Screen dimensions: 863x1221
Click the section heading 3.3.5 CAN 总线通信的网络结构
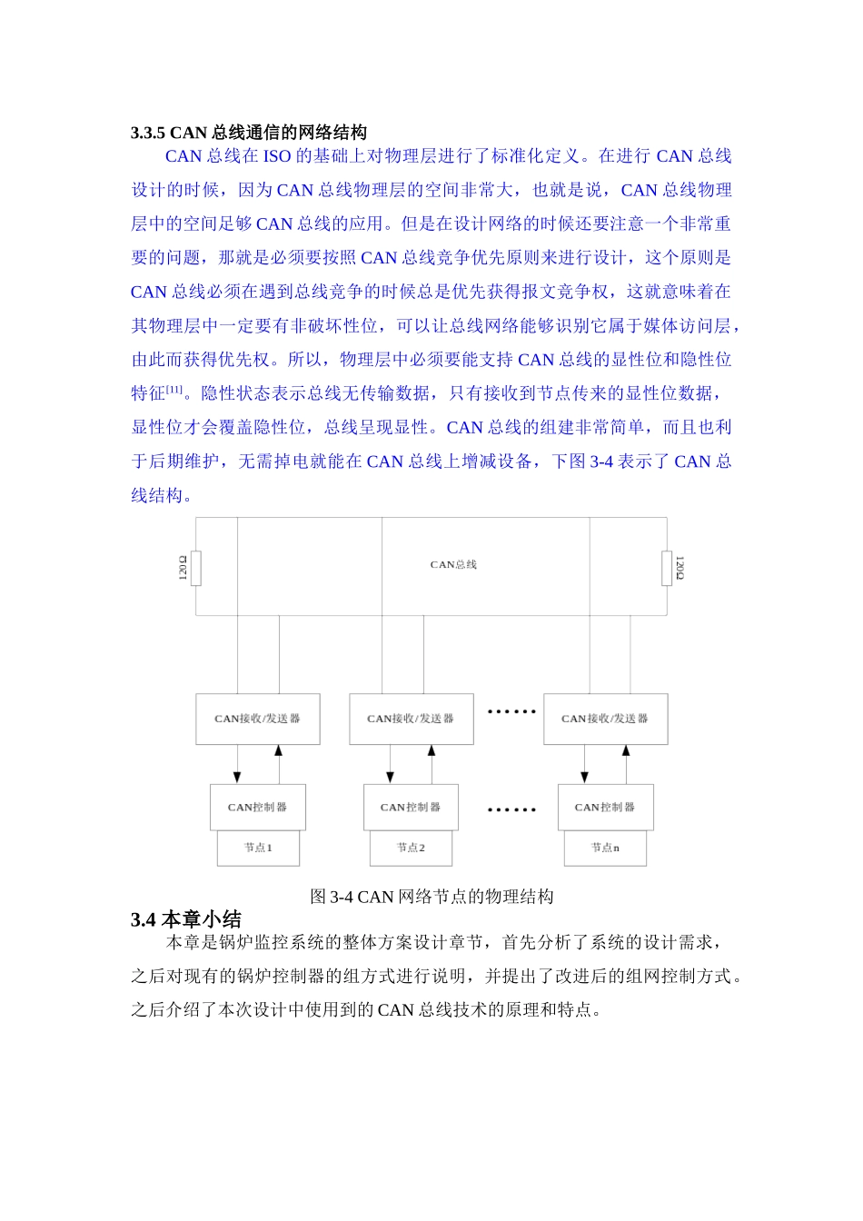[x=248, y=133]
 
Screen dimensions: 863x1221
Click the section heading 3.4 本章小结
[x=186, y=919]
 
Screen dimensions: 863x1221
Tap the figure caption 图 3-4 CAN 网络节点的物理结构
[x=431, y=897]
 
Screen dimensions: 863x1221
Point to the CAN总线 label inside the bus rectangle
[x=453, y=565]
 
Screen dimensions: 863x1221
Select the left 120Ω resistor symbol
[x=195, y=569]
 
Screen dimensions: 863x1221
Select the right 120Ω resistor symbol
[x=667, y=569]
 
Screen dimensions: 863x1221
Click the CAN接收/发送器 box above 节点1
[x=258, y=719]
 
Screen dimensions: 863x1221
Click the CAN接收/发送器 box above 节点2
[x=411, y=719]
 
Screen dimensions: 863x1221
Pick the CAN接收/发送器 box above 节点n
[x=605, y=719]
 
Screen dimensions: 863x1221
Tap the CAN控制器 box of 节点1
[x=258, y=807]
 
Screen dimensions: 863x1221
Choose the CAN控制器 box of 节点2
[x=411, y=807]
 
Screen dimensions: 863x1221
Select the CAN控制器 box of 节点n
[x=605, y=807]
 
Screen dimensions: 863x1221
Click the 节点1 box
[x=258, y=848]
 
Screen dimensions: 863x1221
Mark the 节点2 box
[x=411, y=848]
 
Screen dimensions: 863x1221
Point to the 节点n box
[x=605, y=848]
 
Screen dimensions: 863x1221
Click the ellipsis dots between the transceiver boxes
[x=511, y=711]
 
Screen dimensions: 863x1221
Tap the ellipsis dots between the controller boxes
[x=511, y=809]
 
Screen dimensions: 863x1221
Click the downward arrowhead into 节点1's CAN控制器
[x=237, y=778]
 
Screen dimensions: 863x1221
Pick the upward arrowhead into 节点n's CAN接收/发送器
[x=626, y=750]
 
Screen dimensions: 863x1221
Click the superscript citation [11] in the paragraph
[x=174, y=390]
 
